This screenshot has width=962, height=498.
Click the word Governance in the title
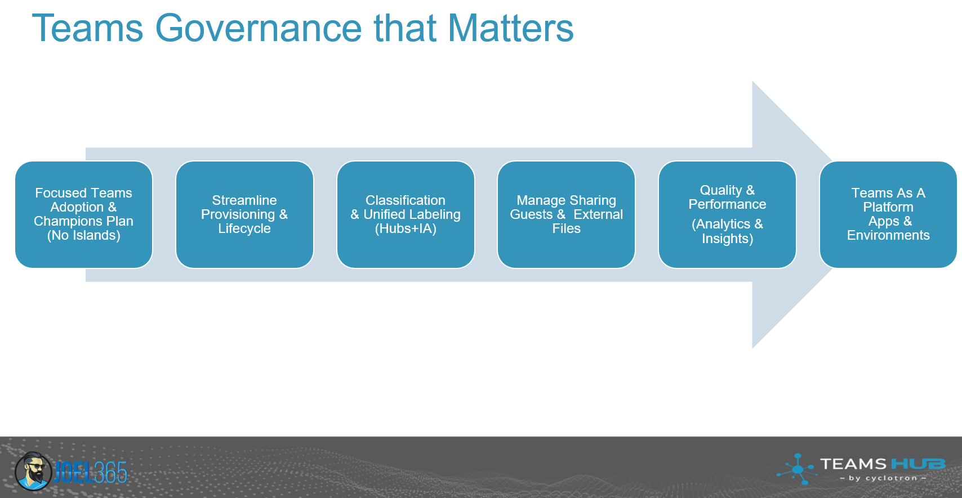(x=259, y=28)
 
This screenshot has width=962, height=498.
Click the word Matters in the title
(x=510, y=28)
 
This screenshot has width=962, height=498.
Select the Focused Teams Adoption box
(x=84, y=214)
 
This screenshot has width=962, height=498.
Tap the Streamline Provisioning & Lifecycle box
(x=244, y=214)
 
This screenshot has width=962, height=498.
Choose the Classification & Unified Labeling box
(x=406, y=214)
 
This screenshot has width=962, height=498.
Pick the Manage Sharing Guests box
(x=566, y=214)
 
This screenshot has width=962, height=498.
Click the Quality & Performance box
(x=727, y=214)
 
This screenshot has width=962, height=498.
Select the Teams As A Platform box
(x=888, y=214)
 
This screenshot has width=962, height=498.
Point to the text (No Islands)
(x=84, y=235)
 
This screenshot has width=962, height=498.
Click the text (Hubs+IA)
(x=406, y=228)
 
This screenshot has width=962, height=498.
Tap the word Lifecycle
(x=244, y=228)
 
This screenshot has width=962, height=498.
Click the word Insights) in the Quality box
(x=727, y=239)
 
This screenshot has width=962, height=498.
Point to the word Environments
(x=888, y=235)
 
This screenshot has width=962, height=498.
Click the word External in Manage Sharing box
(x=598, y=214)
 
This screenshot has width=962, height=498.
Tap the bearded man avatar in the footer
(x=33, y=471)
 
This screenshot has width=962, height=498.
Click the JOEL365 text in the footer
(x=91, y=472)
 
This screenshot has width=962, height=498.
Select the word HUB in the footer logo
(x=918, y=464)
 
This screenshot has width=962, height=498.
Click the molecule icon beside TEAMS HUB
(x=796, y=469)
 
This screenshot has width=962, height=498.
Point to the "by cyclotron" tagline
(x=883, y=478)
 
